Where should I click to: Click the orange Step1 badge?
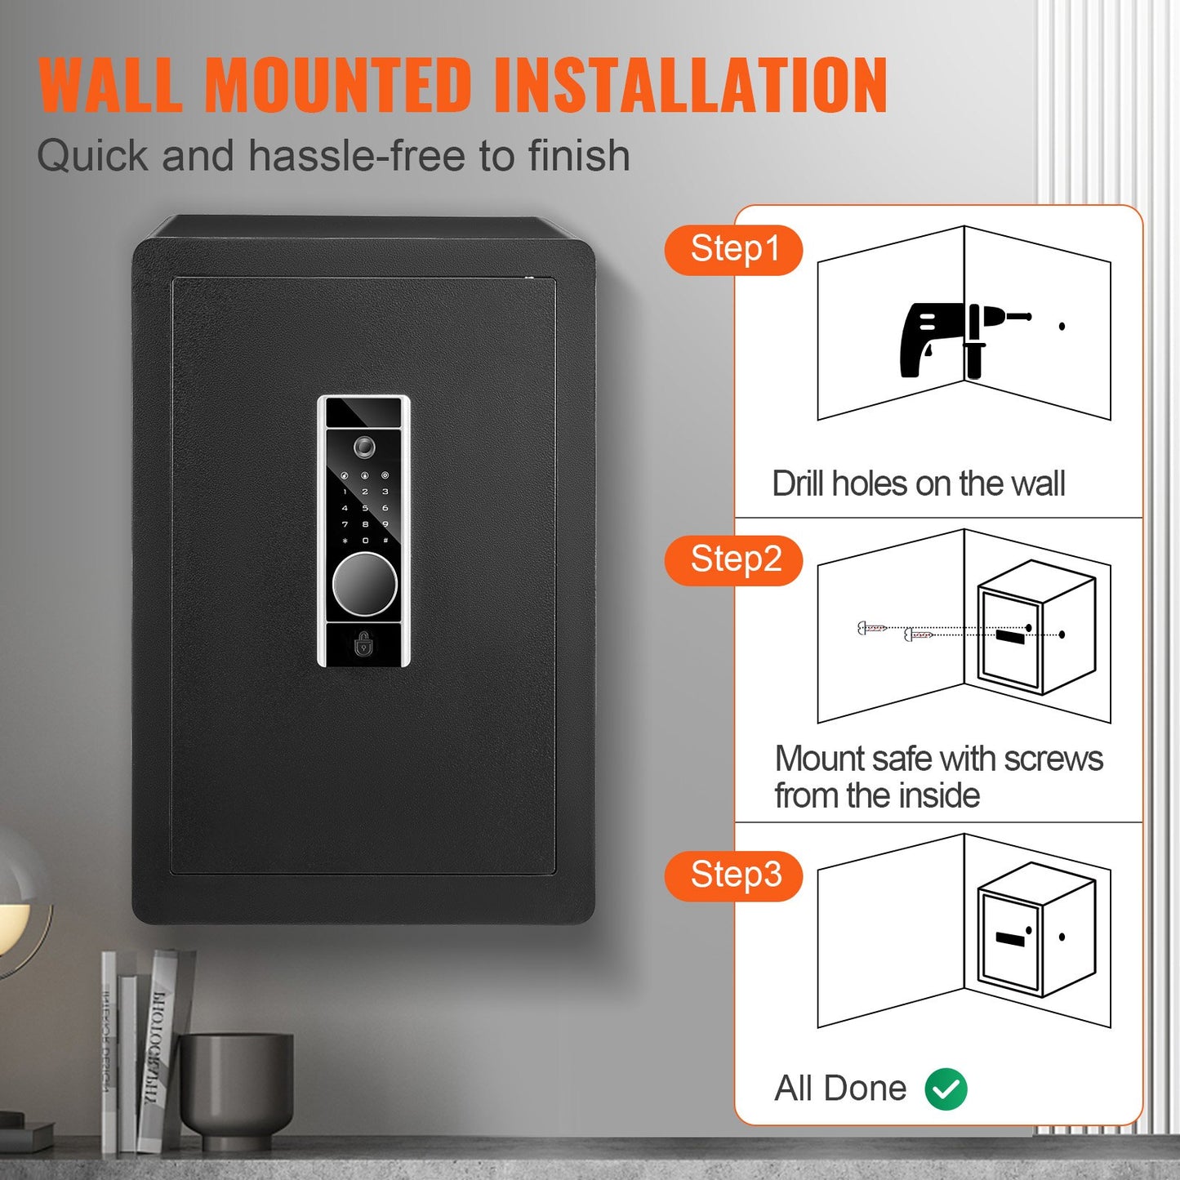tap(734, 250)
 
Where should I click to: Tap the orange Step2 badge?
tap(734, 560)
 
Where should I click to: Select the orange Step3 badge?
tap(734, 875)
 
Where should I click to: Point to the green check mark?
tap(946, 1089)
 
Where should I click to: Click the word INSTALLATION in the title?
tap(690, 85)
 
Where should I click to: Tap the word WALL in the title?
tap(110, 85)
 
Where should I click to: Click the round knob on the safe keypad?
tap(364, 584)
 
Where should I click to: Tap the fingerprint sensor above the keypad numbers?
tap(364, 447)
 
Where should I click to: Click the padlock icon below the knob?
tap(364, 645)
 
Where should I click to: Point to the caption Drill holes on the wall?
tap(918, 483)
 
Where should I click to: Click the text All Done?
tap(840, 1089)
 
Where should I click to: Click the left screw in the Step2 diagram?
tap(871, 628)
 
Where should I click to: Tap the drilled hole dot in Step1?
tap(1062, 327)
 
